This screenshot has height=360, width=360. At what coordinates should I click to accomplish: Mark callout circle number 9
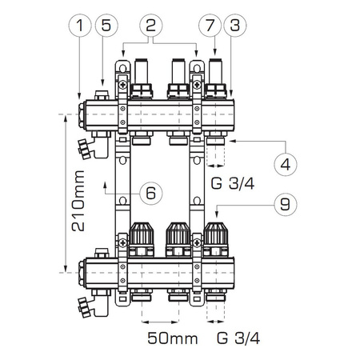pos(283,205)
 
